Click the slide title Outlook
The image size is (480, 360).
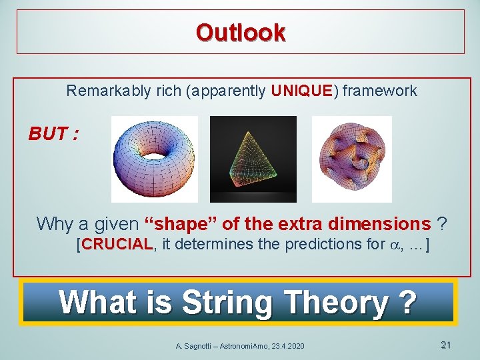pyautogui.click(x=241, y=32)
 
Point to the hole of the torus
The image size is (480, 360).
pyautogui.click(x=155, y=154)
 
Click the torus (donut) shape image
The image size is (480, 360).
pyautogui.click(x=155, y=159)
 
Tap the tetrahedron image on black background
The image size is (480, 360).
pyautogui.click(x=253, y=159)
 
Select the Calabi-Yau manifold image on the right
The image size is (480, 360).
pyautogui.click(x=351, y=159)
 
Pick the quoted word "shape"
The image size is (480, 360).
pyautogui.click(x=172, y=223)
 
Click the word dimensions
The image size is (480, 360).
pyautogui.click(x=382, y=223)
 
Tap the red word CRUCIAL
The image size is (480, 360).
pyautogui.click(x=117, y=244)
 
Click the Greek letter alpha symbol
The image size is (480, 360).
pyautogui.click(x=393, y=245)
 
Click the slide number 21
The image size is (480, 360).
pyautogui.click(x=446, y=345)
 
